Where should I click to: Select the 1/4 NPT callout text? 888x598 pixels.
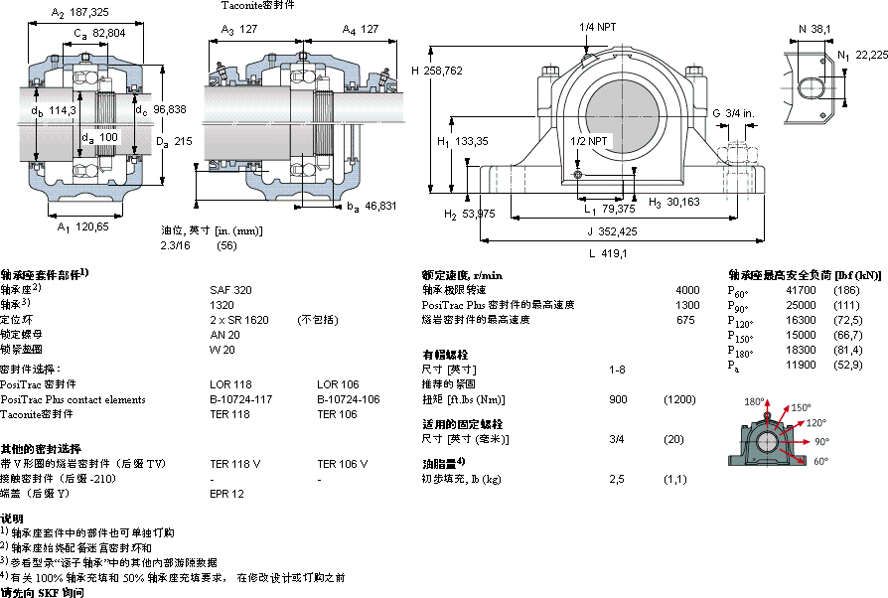pos(598,27)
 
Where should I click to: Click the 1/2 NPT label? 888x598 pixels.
pos(589,141)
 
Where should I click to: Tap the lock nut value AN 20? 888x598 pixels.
pos(224,334)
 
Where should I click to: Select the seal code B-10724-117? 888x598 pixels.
pos(241,399)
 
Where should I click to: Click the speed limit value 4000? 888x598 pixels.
pos(687,290)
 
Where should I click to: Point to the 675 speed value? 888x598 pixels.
pos(686,320)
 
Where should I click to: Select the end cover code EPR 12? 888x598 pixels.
pos(226,494)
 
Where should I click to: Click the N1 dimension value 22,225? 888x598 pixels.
pos(872,55)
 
